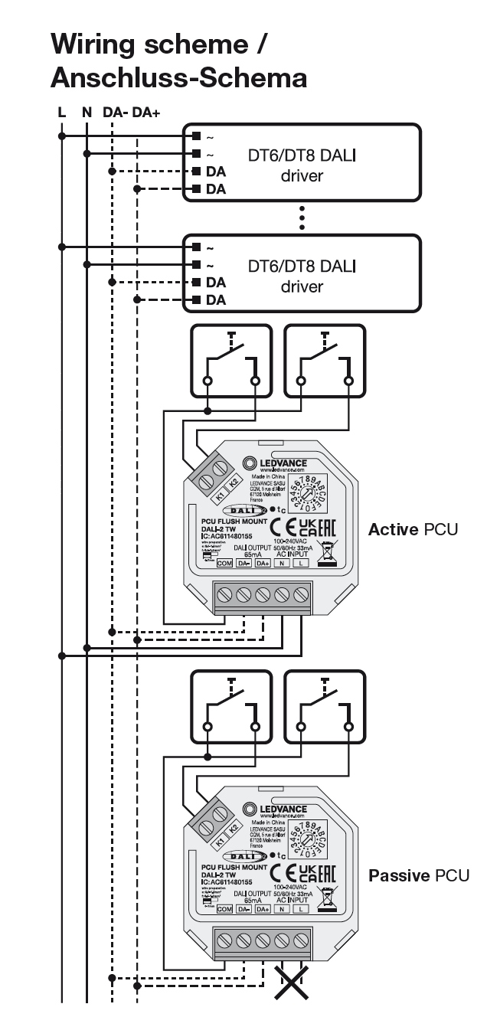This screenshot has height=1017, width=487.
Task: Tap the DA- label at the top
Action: [116, 113]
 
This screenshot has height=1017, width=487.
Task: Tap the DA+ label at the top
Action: [146, 113]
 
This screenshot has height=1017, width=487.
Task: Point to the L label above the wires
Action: [62, 113]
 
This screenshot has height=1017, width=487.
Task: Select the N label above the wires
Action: [87, 113]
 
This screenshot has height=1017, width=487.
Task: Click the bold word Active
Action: [393, 529]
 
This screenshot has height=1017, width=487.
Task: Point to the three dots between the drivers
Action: [302, 217]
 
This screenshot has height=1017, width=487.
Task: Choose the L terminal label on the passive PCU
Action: [301, 909]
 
